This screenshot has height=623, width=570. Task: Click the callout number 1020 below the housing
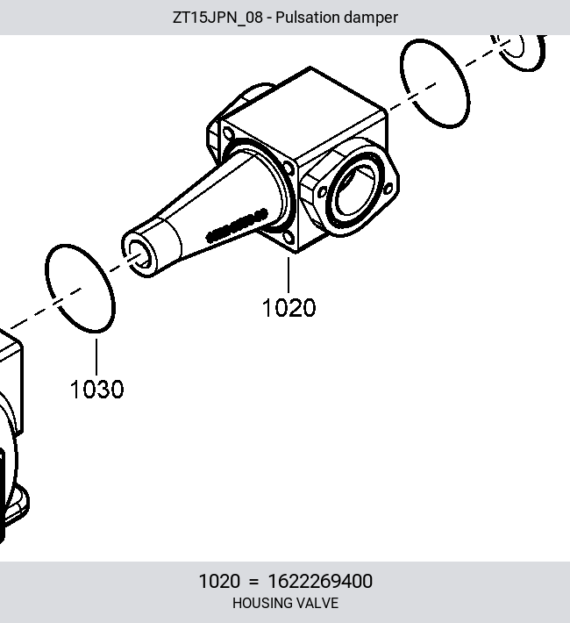point(289,307)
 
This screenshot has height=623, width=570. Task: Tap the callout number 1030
point(96,389)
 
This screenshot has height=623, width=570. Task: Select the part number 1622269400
point(320,581)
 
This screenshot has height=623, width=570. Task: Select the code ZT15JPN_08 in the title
point(217,18)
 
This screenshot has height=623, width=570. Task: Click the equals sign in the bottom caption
point(253,582)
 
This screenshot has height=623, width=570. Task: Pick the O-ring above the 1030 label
point(47,278)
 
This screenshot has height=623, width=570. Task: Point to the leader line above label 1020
point(289,275)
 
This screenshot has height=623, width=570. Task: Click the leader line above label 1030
point(96,356)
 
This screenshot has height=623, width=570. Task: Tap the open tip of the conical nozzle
point(139,254)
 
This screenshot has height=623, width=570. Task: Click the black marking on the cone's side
point(237,226)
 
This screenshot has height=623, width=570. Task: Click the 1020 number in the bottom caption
point(219,581)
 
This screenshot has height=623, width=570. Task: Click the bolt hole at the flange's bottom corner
point(289,238)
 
